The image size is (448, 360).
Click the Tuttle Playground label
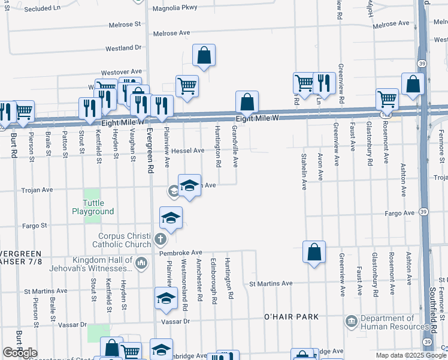coord(93,207)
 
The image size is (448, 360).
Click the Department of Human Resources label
coord(396,323)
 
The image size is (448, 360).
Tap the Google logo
coord(20,353)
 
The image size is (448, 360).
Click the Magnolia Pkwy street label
coord(175,7)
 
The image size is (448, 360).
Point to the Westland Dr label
coord(123,47)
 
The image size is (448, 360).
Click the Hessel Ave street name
coord(187,151)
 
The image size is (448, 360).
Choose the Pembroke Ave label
coord(181,253)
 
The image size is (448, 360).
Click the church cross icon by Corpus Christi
coord(159,240)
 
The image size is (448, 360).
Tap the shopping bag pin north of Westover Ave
coord(204,56)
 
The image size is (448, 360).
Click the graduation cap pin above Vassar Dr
coord(166,298)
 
